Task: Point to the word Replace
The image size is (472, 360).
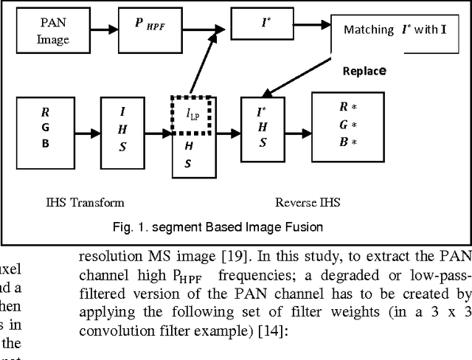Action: (x=365, y=72)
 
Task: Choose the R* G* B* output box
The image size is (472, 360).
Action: (x=344, y=126)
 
